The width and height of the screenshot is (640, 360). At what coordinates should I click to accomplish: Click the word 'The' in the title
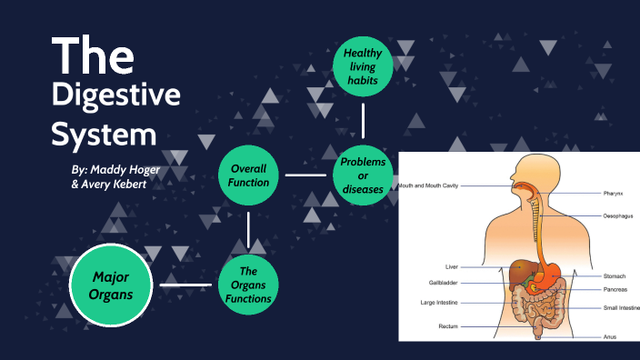(x=93, y=55)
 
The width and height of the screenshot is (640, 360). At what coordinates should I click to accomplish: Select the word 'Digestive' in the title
(x=116, y=96)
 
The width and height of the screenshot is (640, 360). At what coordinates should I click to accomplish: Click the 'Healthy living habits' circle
(x=362, y=66)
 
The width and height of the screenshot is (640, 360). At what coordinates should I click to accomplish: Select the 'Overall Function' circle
(x=248, y=175)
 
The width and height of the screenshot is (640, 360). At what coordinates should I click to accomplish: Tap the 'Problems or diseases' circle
(x=362, y=175)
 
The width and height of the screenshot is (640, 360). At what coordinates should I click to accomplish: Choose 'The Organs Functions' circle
(x=248, y=284)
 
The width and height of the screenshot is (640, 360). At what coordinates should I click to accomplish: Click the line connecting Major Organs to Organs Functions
(x=185, y=285)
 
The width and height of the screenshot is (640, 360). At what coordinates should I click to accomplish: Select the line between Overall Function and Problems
(x=305, y=175)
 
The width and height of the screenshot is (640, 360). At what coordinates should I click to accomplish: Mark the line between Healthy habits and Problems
(x=362, y=120)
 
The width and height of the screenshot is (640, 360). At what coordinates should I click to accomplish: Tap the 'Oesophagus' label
(x=617, y=216)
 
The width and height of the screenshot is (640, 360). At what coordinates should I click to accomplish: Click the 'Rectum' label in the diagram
(x=446, y=325)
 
